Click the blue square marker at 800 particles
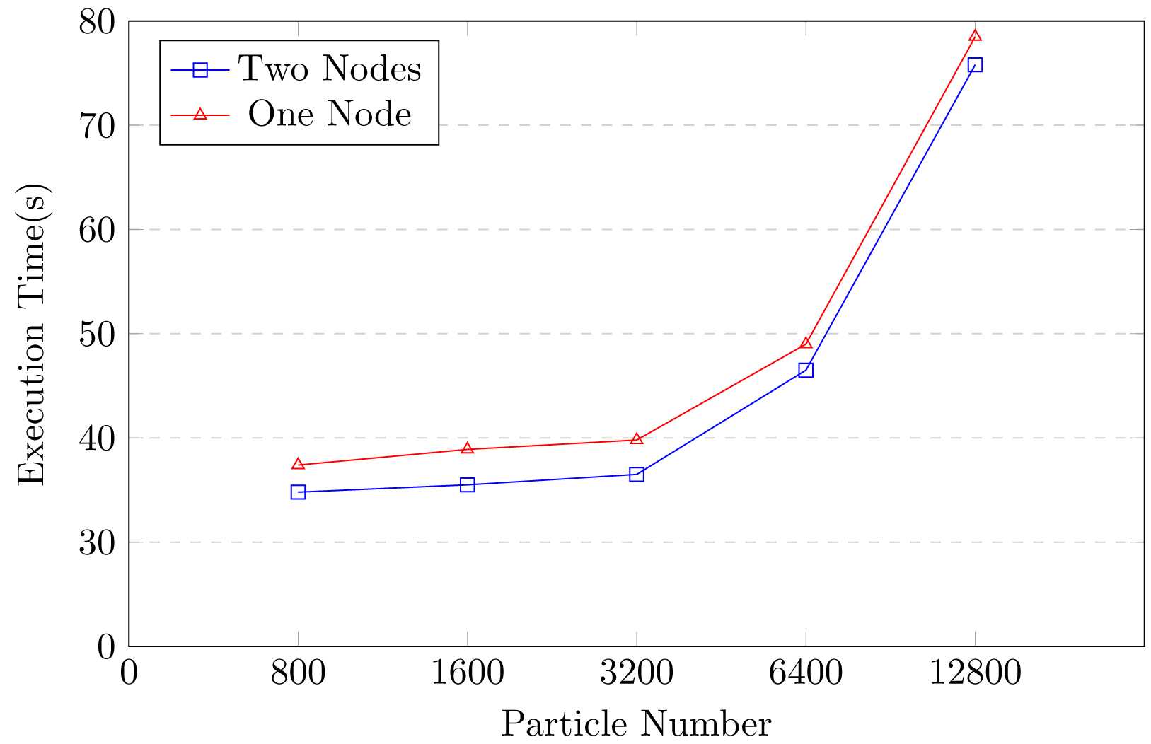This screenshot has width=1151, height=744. (x=298, y=492)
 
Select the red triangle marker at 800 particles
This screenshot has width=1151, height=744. (x=298, y=465)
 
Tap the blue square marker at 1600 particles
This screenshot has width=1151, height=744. (x=467, y=484)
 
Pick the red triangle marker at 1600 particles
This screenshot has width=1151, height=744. (x=467, y=448)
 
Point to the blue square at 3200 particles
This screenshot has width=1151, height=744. (x=637, y=475)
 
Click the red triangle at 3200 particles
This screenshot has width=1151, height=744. (x=637, y=439)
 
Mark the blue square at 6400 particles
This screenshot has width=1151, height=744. (x=806, y=370)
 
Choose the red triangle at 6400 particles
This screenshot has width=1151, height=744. (x=806, y=343)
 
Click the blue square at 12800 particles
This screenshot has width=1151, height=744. (x=975, y=65)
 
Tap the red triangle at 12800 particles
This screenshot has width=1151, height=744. (x=975, y=36)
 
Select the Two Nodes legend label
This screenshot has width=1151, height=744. (x=330, y=69)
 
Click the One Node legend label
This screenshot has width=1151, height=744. (x=330, y=114)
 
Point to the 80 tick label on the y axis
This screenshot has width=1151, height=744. (x=97, y=23)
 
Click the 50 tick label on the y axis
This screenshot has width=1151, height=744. (x=97, y=334)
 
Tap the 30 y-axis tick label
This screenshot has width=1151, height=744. (x=97, y=542)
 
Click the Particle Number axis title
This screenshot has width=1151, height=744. (x=636, y=724)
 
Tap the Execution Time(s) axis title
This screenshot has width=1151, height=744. (x=33, y=334)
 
